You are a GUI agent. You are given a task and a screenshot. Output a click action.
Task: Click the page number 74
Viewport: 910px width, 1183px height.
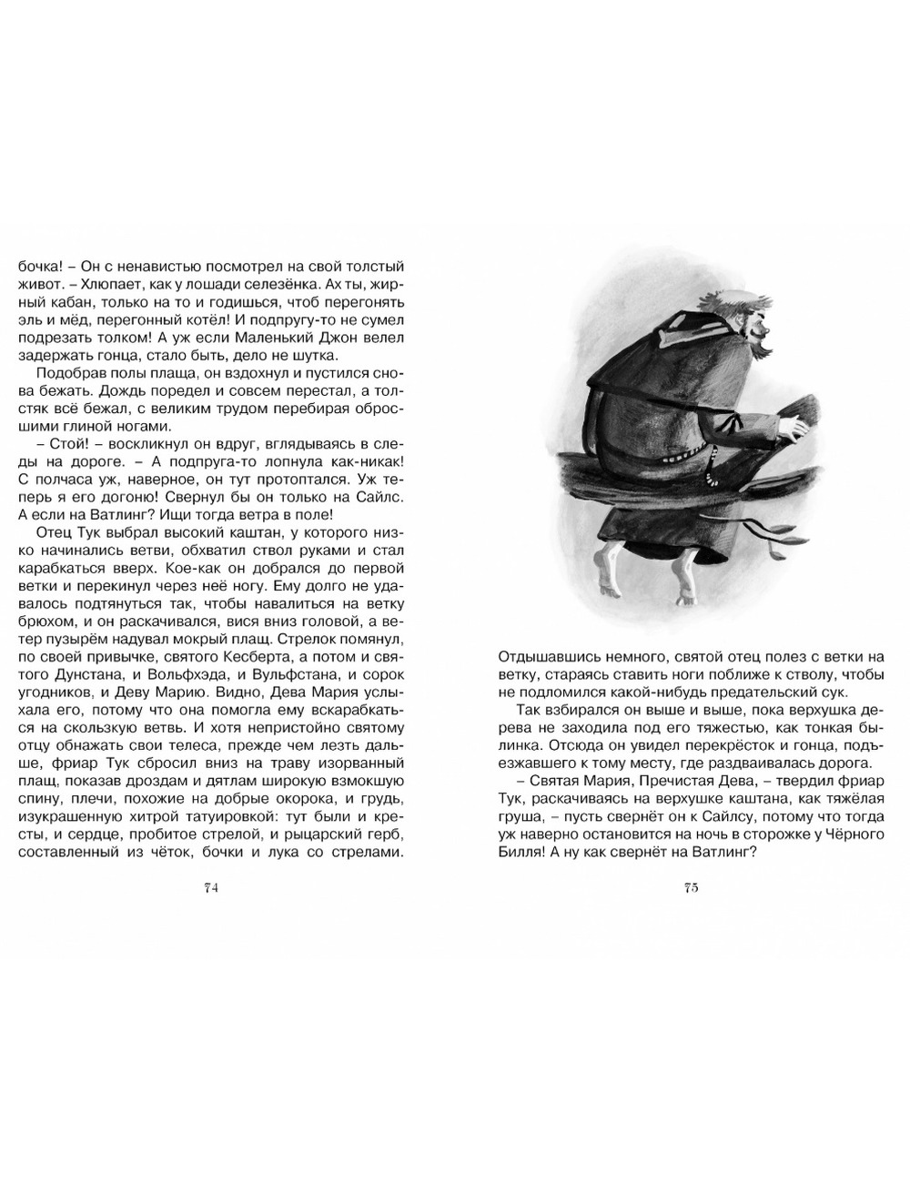pyautogui.click(x=210, y=889)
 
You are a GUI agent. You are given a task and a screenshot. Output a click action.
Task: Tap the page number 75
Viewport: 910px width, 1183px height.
pyautogui.click(x=691, y=889)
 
